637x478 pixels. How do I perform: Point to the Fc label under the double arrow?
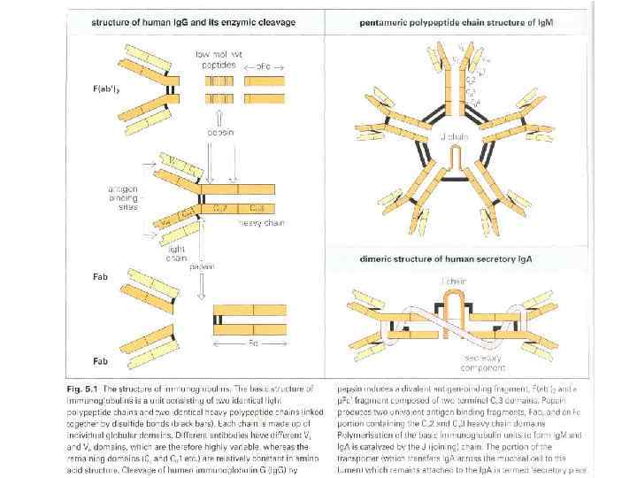click(x=253, y=341)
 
